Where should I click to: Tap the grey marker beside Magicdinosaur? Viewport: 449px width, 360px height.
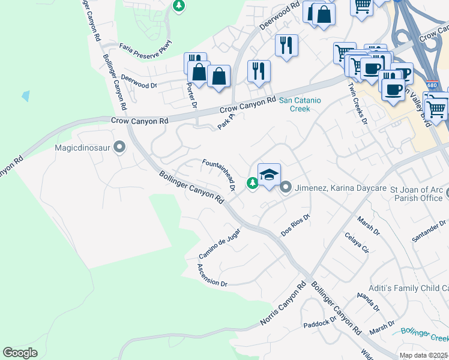[x=119, y=146]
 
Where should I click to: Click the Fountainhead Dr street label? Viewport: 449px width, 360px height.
[x=218, y=175]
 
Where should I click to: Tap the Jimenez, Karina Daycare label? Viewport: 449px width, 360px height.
[x=340, y=188]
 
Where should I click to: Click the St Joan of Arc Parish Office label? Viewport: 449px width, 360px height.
[x=420, y=194]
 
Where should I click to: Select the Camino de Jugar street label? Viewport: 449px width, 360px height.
[x=220, y=244]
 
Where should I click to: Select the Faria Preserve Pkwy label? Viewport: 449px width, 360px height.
[x=145, y=47]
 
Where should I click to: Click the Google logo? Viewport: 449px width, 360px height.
[x=20, y=353]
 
